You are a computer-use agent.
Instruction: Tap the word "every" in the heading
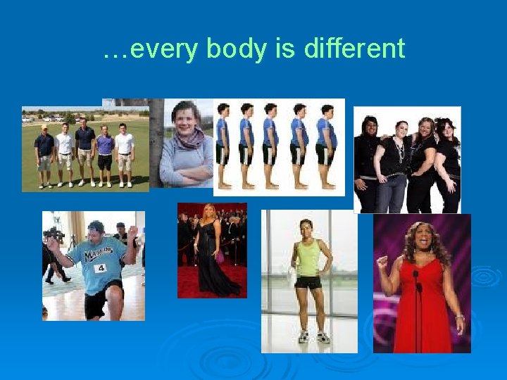click(x=168, y=49)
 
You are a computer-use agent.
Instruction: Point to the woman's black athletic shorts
click(x=308, y=282)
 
